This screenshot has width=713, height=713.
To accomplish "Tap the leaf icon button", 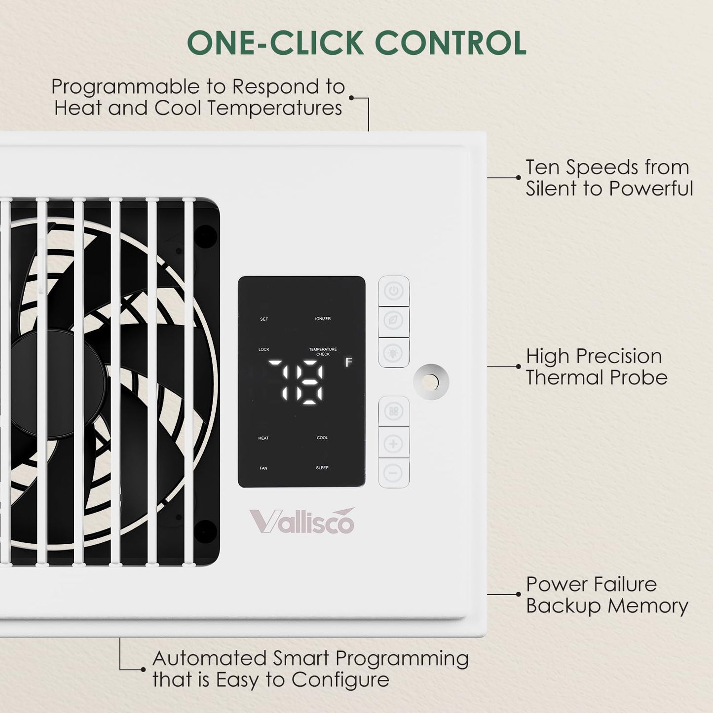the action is (394, 321).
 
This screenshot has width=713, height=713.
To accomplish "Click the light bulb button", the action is (394, 352).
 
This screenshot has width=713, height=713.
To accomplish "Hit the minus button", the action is (394, 473).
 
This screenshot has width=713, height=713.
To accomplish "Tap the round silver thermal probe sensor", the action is (431, 382).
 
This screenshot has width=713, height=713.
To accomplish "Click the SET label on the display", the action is (264, 319).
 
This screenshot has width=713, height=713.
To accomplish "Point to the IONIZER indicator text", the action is (323, 319).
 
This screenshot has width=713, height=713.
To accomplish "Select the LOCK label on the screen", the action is (264, 349).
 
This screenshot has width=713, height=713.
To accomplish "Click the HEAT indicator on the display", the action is (263, 438).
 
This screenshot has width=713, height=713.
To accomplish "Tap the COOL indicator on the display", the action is (322, 438).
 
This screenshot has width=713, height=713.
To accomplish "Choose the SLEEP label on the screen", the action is (322, 468).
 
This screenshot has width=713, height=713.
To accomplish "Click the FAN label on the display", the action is (263, 468).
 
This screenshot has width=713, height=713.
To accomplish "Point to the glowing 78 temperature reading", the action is (296, 382).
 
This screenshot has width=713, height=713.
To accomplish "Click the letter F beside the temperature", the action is (348, 362).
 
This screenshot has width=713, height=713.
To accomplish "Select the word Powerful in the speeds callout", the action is (651, 188).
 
